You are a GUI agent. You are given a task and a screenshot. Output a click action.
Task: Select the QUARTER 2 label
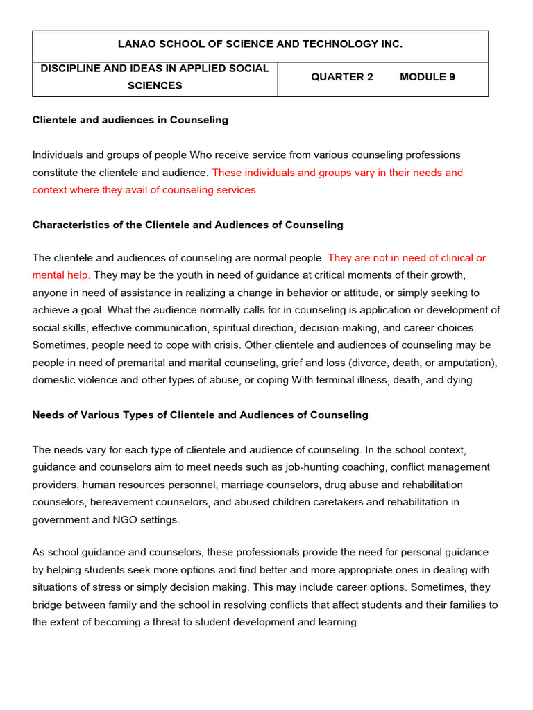click(341, 77)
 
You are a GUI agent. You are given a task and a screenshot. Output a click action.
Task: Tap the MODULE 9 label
click(428, 77)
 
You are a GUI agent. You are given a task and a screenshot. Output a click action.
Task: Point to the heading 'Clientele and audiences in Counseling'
click(130, 120)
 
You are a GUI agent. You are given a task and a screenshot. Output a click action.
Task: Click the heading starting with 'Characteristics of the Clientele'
click(187, 225)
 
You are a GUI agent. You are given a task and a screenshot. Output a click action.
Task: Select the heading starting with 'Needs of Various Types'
click(200, 415)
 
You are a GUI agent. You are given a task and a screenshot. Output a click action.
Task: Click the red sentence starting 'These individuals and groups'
click(337, 173)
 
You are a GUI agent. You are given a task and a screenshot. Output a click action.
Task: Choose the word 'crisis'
click(236, 345)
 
